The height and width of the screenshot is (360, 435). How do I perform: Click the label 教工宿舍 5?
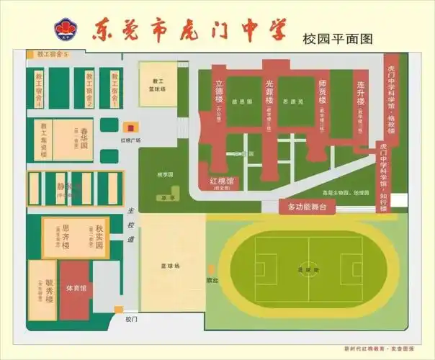(x=46, y=54)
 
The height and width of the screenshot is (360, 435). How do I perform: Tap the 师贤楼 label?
(x=323, y=90)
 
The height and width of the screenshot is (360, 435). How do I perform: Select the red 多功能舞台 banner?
(x=308, y=207)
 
